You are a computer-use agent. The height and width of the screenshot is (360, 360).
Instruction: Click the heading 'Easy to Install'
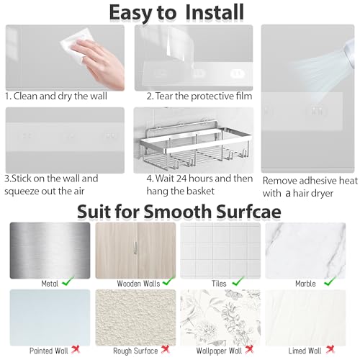tap(176, 12)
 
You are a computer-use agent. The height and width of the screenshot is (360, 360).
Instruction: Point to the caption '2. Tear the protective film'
tap(193, 95)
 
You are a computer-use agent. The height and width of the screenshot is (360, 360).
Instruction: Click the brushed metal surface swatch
tap(50, 249)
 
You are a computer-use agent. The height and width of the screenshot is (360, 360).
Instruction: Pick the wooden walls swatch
tap(135, 249)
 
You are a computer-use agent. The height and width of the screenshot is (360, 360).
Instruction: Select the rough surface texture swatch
tap(135, 317)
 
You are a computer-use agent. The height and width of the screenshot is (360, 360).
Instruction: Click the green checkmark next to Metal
tap(67, 284)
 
